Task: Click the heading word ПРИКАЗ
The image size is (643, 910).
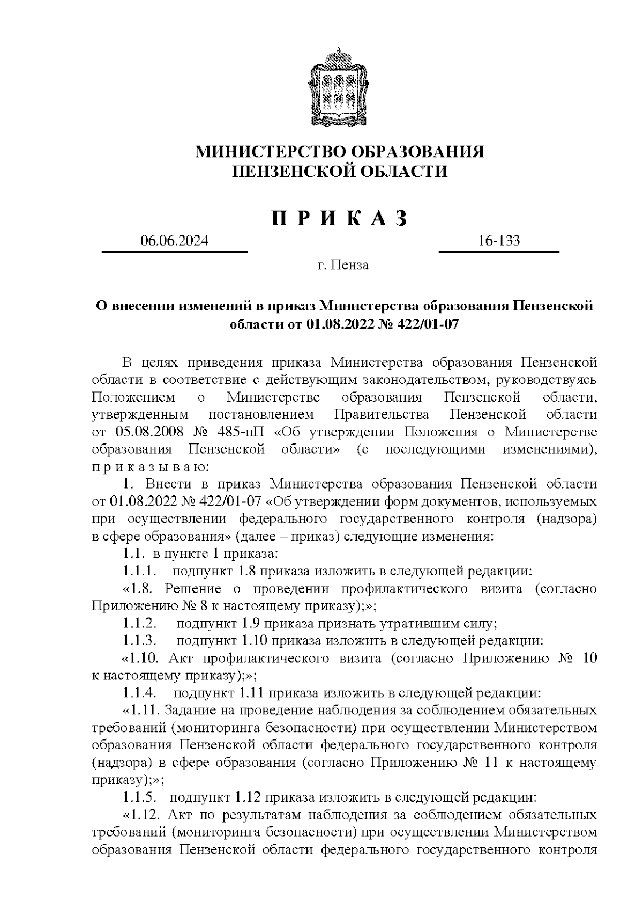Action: [x=339, y=218]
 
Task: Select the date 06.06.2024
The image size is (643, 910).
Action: [x=174, y=241]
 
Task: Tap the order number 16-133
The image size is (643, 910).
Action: [x=499, y=241]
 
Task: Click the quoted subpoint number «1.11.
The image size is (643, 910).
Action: [x=142, y=711]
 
